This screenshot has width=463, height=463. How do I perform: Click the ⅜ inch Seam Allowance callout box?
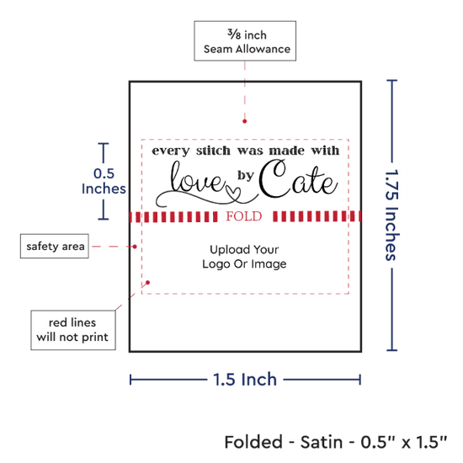coord(245,41)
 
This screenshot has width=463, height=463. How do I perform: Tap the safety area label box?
coord(55,246)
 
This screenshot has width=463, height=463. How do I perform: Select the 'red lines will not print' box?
coord(73,330)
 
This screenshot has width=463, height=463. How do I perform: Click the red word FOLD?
coord(244,216)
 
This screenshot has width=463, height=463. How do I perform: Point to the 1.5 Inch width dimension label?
coord(245,380)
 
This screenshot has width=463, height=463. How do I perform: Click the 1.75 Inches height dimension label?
coord(392,215)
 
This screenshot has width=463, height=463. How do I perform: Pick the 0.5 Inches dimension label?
coord(104,181)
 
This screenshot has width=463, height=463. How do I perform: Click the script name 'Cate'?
coord(298,179)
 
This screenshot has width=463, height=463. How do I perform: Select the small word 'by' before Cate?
coord(246,175)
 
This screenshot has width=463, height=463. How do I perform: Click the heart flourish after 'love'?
coord(234,193)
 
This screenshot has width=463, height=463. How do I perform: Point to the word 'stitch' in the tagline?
coord(213,151)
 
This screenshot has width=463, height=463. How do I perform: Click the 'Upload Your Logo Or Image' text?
coord(244,257)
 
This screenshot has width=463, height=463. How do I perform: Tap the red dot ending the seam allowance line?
coord(244,121)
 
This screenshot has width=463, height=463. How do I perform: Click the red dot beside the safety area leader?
coord(135,247)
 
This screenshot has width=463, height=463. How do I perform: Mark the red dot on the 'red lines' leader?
coord(147,283)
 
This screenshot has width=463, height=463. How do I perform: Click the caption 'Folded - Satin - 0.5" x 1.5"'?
coord(336,442)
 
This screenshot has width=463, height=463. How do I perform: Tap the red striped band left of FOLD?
coord(173,216)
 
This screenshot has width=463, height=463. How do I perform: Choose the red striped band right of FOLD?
coord(317,216)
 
